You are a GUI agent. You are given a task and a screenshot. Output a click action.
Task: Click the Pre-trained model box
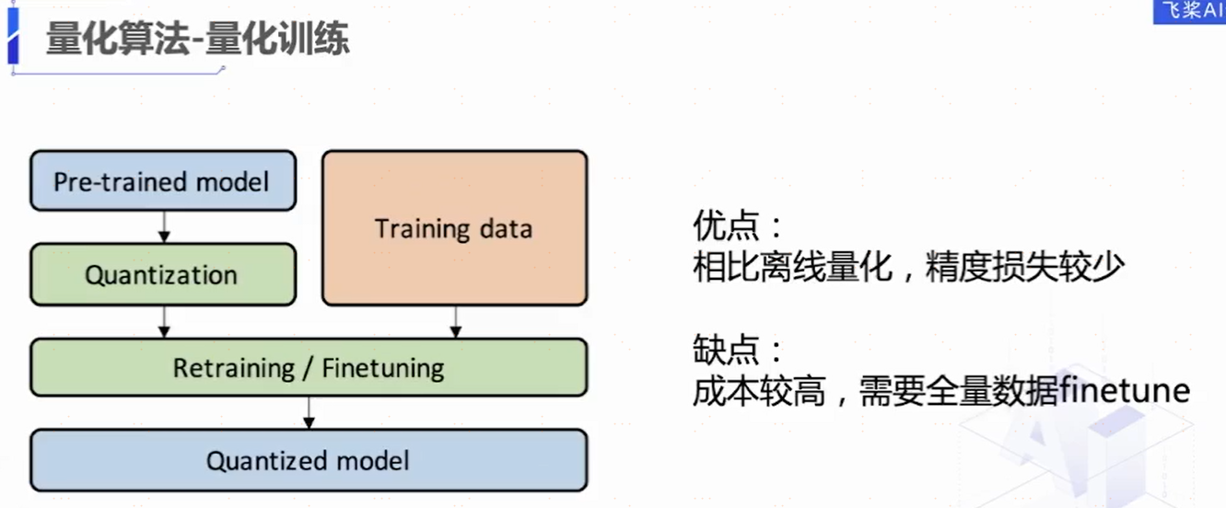click(163, 181)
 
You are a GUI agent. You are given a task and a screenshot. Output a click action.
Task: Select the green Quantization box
click(163, 274)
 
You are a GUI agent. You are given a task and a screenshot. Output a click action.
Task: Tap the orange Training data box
click(455, 228)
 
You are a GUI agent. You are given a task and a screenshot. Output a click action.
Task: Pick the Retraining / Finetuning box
click(309, 367)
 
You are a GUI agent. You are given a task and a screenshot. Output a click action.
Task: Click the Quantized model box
click(309, 460)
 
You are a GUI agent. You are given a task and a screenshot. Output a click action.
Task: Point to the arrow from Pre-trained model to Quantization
click(164, 227)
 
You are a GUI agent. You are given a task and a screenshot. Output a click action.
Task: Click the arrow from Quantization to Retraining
click(164, 321)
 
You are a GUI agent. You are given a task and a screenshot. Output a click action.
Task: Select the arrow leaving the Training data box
click(455, 321)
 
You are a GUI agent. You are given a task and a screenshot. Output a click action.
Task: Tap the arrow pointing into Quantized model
click(309, 413)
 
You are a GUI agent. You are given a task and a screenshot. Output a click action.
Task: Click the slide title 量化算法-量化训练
click(198, 39)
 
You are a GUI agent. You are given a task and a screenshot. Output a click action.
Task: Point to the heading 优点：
click(738, 225)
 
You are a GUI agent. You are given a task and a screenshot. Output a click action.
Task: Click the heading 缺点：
click(738, 349)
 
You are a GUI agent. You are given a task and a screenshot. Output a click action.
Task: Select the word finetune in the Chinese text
click(1124, 390)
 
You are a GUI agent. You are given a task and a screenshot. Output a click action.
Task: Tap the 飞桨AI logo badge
click(1189, 11)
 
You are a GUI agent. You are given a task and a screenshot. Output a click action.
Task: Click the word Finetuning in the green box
click(382, 368)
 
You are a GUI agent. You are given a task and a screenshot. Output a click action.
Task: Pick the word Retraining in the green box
click(234, 368)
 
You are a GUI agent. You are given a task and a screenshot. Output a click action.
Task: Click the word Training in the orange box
click(422, 229)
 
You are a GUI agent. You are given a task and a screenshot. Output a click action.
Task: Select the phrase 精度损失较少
click(1024, 267)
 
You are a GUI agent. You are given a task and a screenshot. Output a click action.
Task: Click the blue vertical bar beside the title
click(13, 36)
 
